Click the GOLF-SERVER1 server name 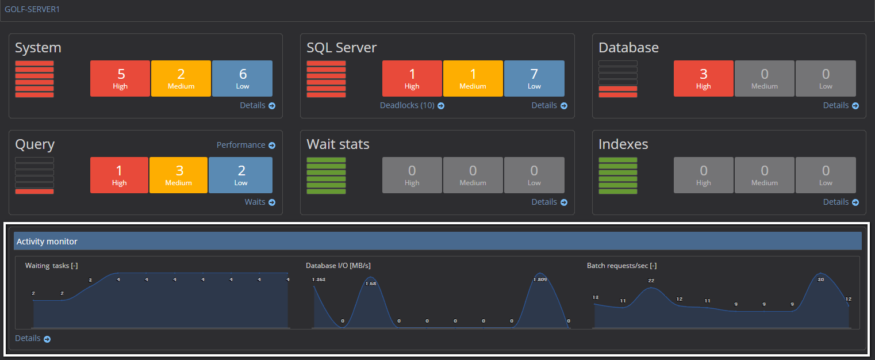point(32,9)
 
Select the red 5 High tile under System point(120,78)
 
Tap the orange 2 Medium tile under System point(181,78)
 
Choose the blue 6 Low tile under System point(242,78)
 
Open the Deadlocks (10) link point(412,105)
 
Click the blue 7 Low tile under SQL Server point(534,78)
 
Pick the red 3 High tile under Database point(703,78)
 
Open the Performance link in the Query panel point(245,145)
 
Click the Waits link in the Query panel point(260,202)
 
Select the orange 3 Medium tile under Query point(178,175)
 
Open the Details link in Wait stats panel point(549,202)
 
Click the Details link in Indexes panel point(841,202)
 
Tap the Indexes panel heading point(623,144)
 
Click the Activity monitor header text point(47,242)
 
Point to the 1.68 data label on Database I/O point(370,284)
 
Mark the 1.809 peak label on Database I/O point(540,279)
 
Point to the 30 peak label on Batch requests point(821,279)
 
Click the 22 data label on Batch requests point(651,281)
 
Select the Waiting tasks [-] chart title point(51,266)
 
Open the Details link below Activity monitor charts point(33,338)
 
